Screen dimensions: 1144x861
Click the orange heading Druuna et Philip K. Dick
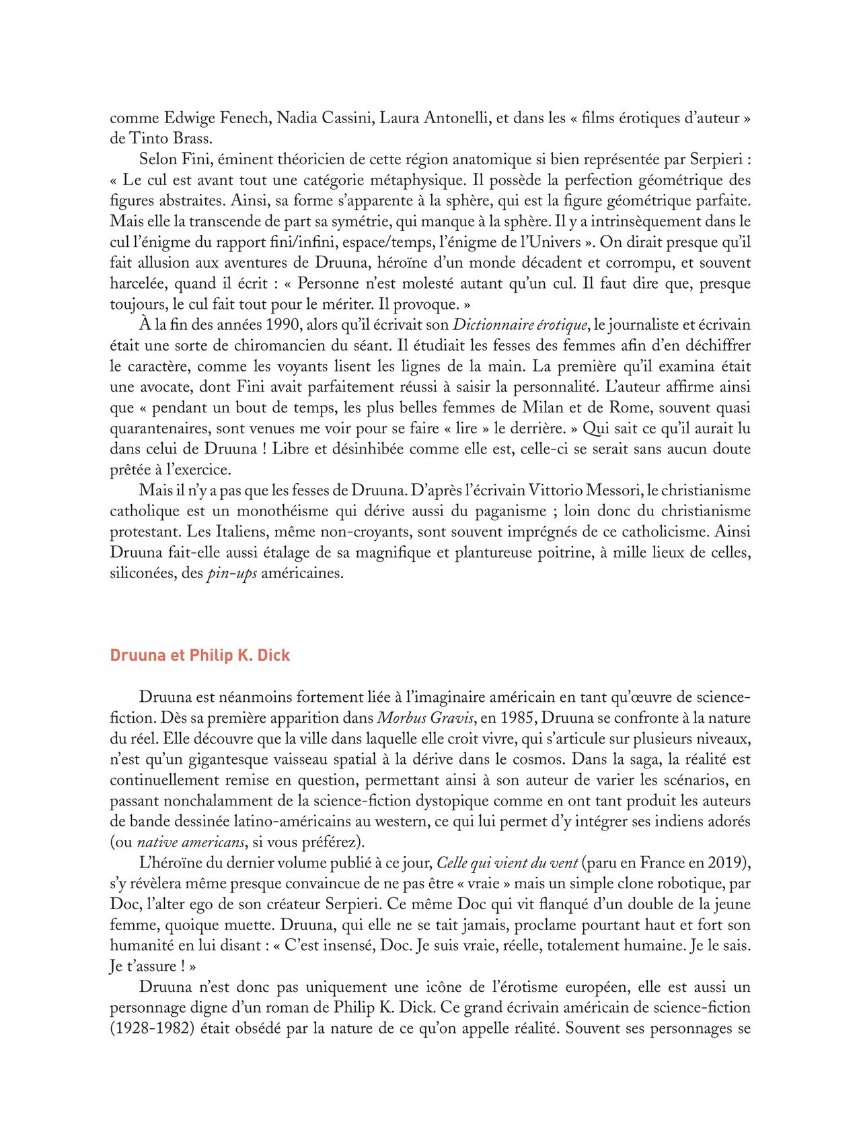[200, 655]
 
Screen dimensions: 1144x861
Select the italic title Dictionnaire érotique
[520, 325]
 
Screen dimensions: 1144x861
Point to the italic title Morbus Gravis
[422, 718]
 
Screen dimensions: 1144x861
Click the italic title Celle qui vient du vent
[507, 863]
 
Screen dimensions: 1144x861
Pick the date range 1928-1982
[154, 1029]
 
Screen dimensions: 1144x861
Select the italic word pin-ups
[231, 574]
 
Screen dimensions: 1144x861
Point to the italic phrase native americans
[190, 843]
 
